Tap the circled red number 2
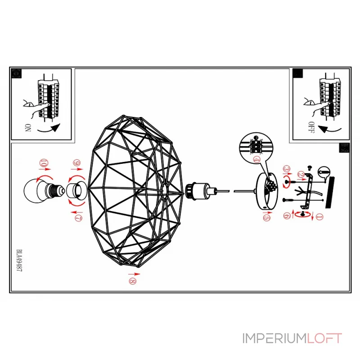301,174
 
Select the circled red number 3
286,169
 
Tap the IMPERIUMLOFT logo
292,338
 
